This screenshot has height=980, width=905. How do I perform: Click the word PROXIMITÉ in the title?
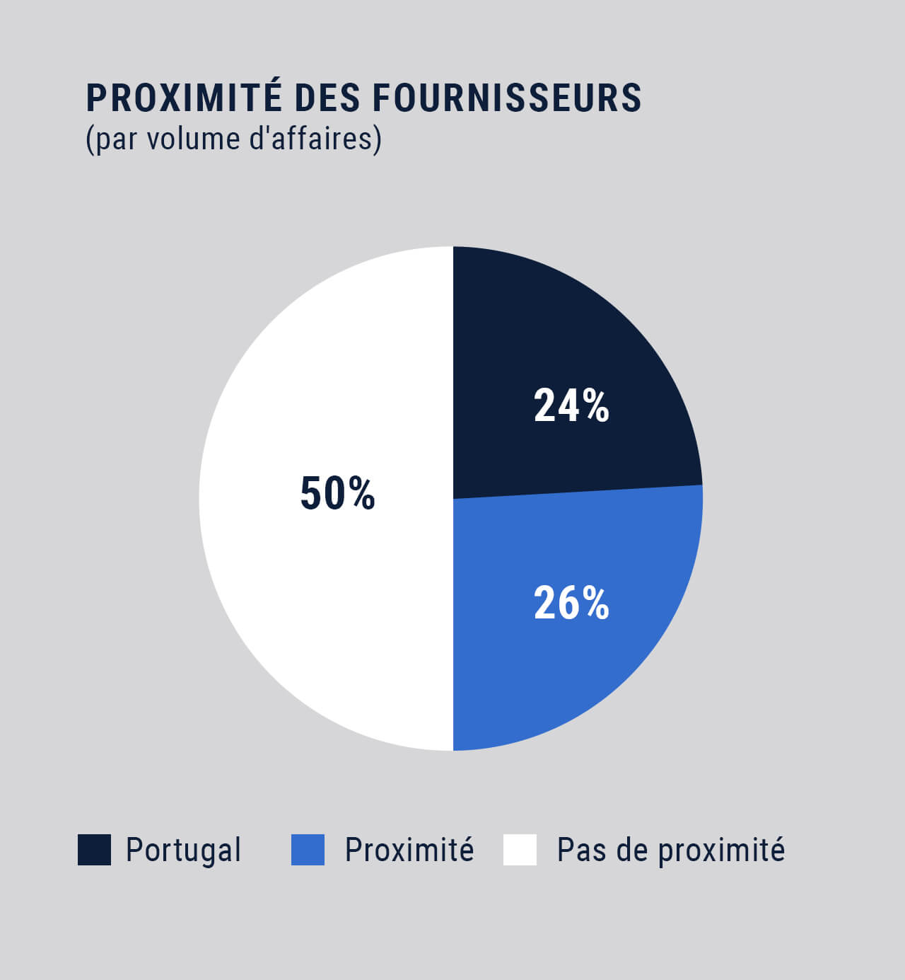(183, 98)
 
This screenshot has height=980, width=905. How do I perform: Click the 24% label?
(571, 406)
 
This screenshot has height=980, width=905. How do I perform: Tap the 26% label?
(571, 604)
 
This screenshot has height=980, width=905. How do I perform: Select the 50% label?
(337, 494)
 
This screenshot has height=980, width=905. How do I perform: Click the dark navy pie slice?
(566, 340)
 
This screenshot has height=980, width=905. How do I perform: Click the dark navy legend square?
(94, 850)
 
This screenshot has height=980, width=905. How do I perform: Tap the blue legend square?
(308, 850)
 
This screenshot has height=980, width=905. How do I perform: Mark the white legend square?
(520, 850)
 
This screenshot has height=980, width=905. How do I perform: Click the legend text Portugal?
(183, 850)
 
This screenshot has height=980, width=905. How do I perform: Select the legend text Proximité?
(409, 849)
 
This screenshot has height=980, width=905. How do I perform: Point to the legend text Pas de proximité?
(670, 850)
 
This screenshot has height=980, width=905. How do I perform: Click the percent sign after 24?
(595, 406)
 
